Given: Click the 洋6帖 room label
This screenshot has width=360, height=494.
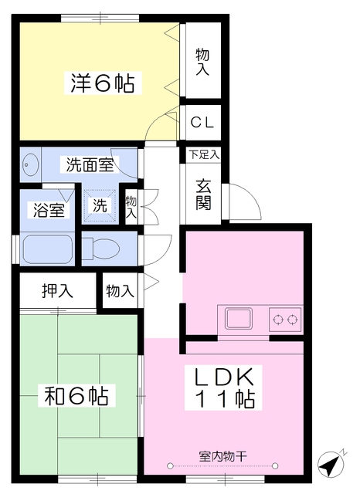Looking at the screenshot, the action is (103, 83).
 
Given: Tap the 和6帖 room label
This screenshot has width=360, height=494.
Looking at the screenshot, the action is (76, 395).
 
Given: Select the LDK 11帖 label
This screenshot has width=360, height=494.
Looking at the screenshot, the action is (223, 387).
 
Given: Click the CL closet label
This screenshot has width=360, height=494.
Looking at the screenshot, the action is (202, 123).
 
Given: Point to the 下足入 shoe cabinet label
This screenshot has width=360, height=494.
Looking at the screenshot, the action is (204, 155).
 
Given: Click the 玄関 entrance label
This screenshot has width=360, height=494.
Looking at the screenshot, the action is (203, 195).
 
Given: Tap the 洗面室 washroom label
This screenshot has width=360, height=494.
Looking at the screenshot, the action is (90, 164).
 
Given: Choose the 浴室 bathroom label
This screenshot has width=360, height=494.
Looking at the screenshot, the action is (49, 210).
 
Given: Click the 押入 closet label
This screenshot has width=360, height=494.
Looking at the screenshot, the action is (58, 290).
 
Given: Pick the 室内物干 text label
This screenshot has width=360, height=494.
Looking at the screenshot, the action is (222, 456).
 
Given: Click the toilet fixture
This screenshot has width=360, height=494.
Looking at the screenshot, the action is (101, 249).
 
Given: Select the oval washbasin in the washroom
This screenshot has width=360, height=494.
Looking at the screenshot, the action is (31, 164).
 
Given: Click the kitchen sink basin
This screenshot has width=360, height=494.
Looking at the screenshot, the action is (239, 319).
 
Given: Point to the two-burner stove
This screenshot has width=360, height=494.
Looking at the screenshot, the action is (285, 320).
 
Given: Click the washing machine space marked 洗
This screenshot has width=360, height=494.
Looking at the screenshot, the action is (100, 206).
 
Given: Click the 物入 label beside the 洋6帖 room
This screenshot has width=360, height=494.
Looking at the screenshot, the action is (202, 62).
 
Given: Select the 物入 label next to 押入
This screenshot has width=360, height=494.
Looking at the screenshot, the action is (120, 290).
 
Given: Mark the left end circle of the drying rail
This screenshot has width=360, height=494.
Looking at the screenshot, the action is (170, 465).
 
